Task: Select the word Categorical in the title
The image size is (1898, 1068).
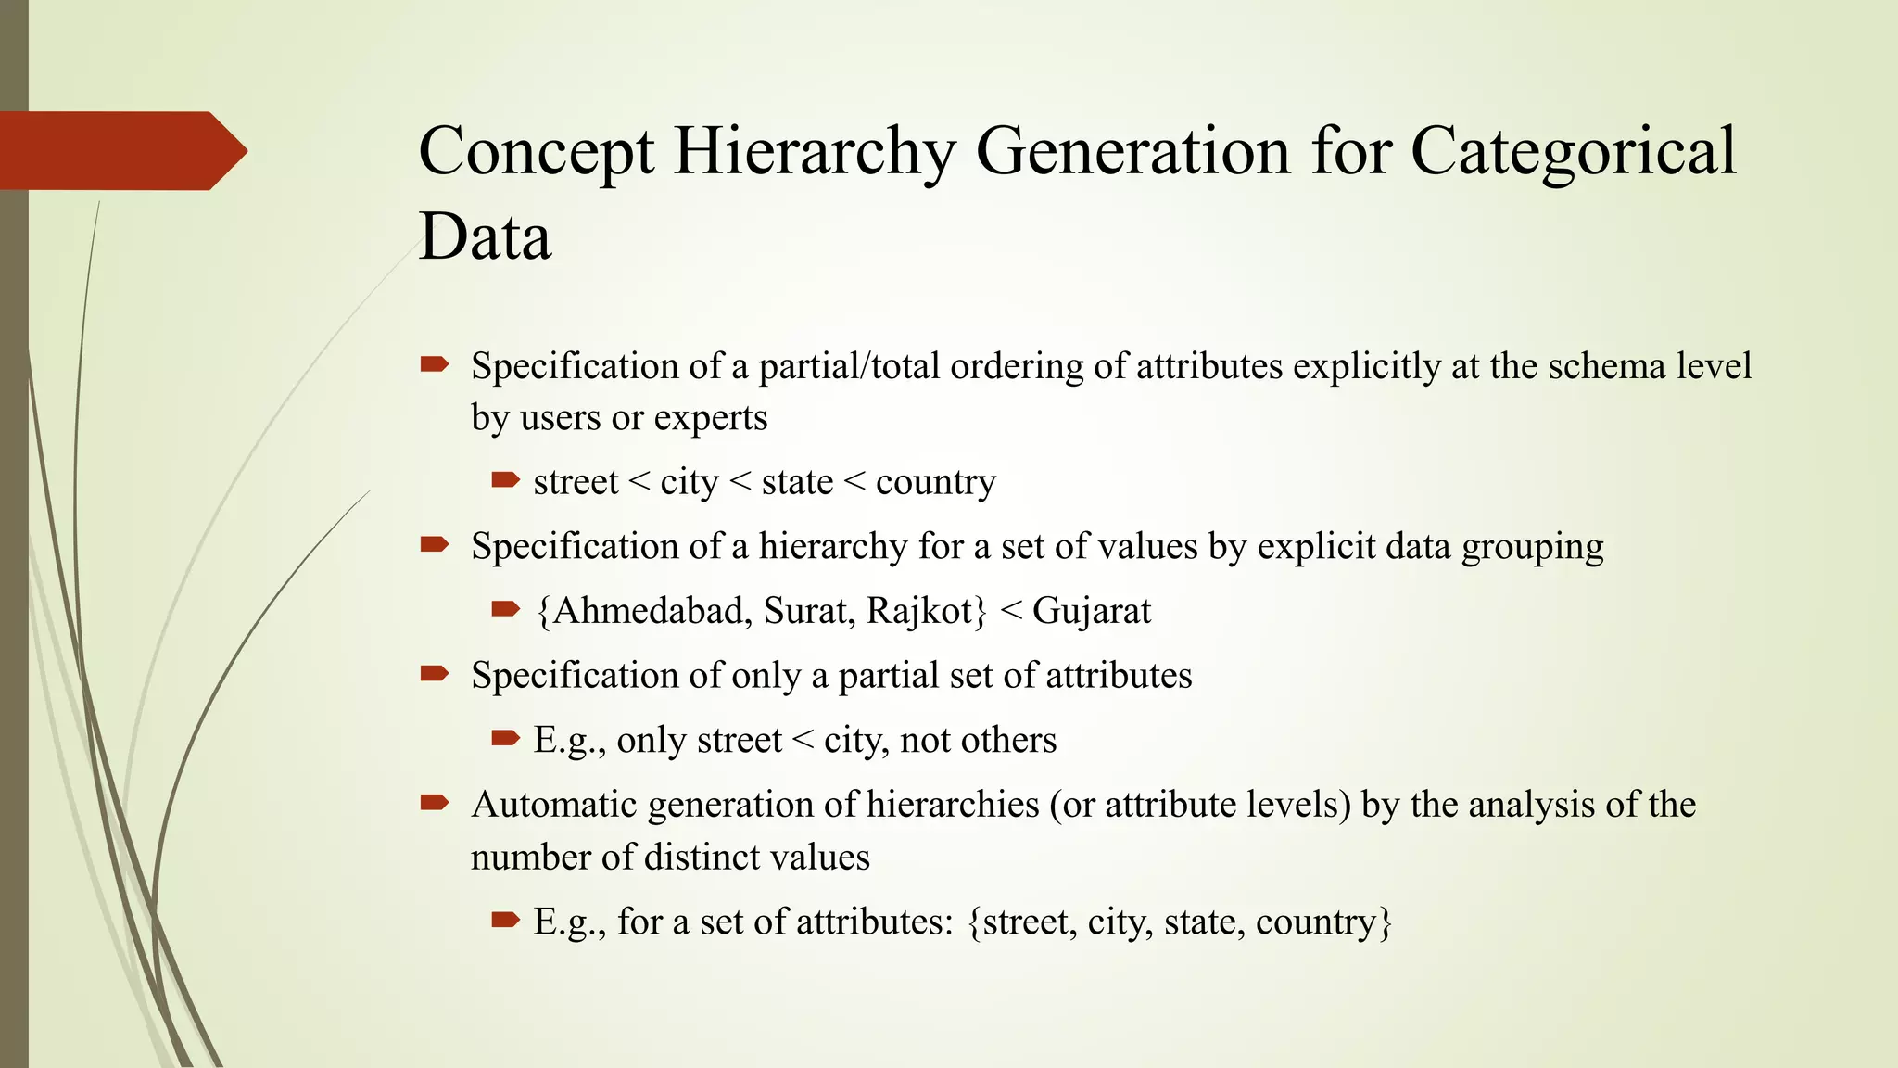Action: coord(1573,151)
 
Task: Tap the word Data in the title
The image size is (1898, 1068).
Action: coord(485,236)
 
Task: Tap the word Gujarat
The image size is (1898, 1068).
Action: coord(1091,611)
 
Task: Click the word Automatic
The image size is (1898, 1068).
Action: coord(554,805)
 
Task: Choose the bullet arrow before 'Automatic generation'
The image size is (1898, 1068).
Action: coord(434,803)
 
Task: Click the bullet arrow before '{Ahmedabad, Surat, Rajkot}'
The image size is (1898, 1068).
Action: coord(505,609)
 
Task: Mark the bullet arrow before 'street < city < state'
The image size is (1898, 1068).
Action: coord(505,480)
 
